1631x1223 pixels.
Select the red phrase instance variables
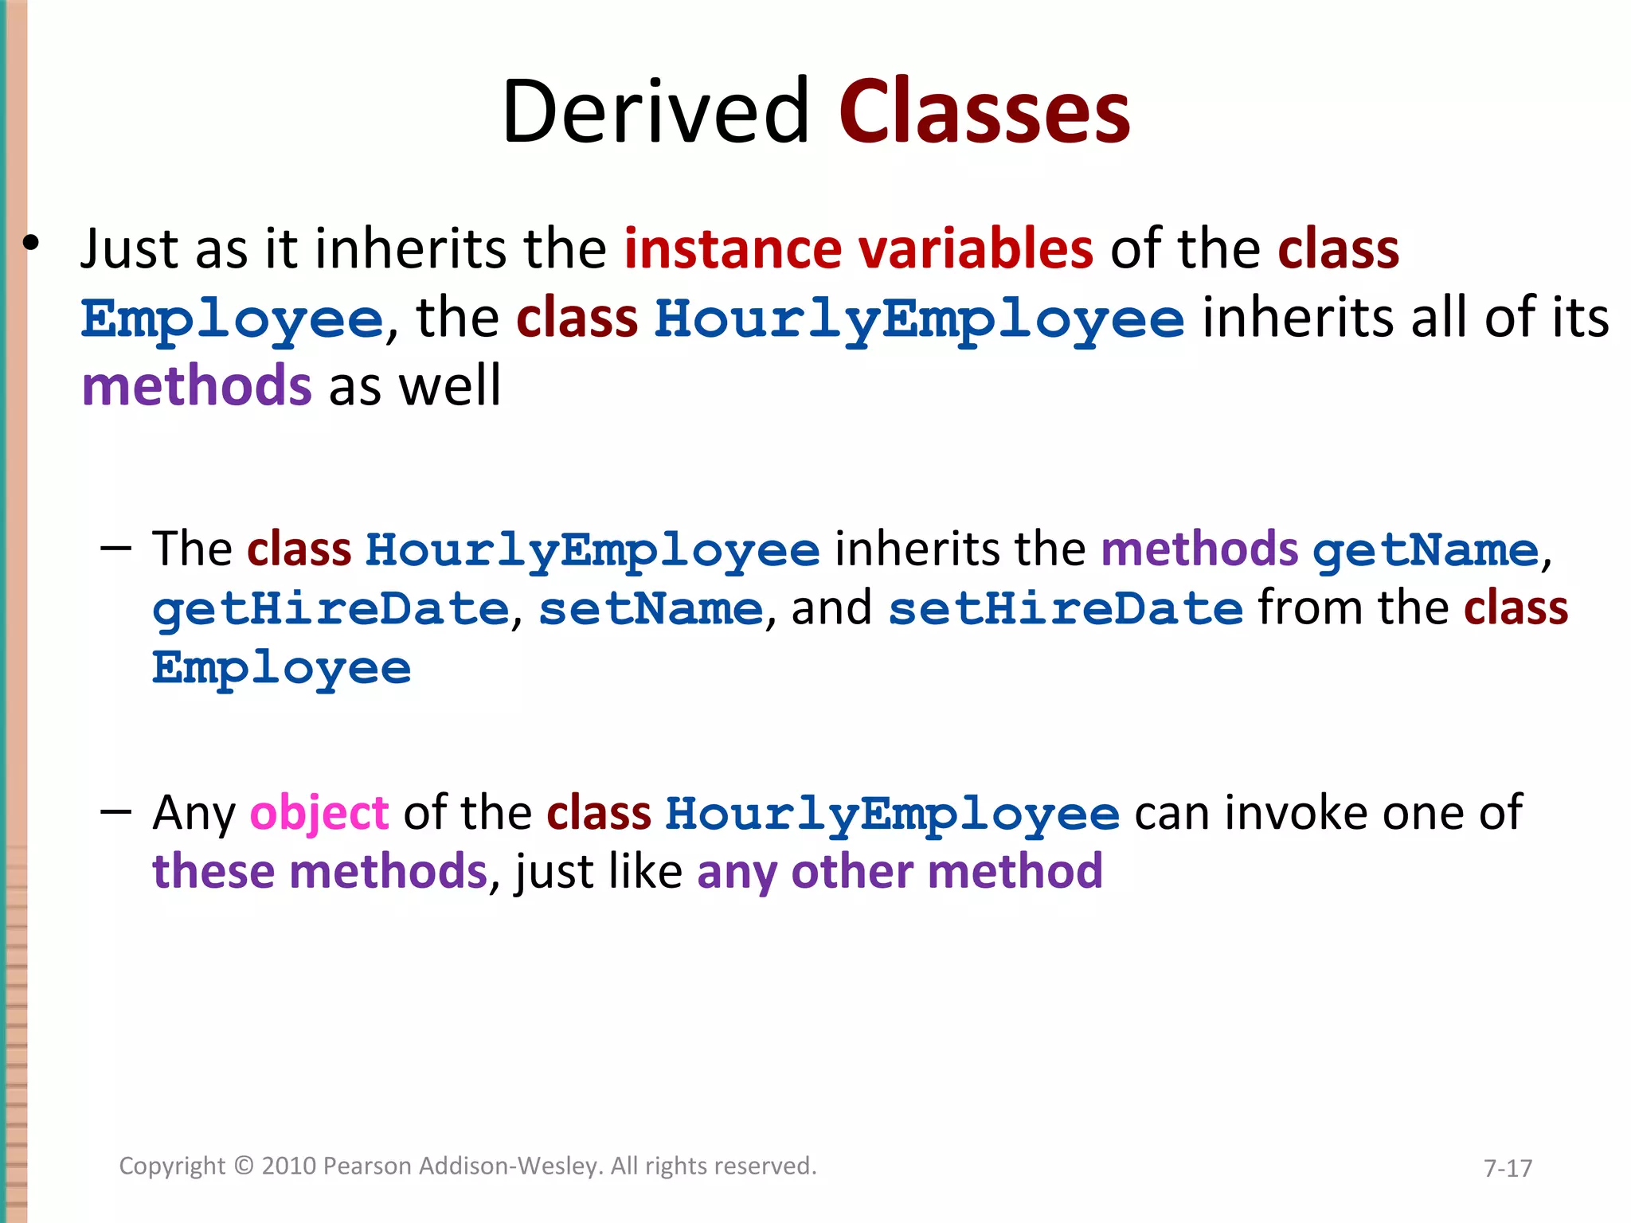(859, 248)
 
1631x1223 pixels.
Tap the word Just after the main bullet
(129, 248)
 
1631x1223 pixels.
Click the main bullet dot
(30, 244)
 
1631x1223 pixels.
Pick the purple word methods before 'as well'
(196, 386)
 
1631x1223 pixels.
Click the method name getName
(1426, 551)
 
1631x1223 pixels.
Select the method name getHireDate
(331, 610)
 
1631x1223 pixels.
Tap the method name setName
(651, 610)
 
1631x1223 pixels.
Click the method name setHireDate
(1065, 610)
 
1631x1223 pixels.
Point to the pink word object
(319, 813)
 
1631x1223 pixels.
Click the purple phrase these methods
(319, 871)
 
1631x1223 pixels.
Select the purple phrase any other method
(900, 871)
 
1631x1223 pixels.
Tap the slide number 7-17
(1508, 1168)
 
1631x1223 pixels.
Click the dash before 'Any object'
(116, 812)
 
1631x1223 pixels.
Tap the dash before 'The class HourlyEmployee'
(116, 549)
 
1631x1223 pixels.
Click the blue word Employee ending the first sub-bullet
(282, 669)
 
